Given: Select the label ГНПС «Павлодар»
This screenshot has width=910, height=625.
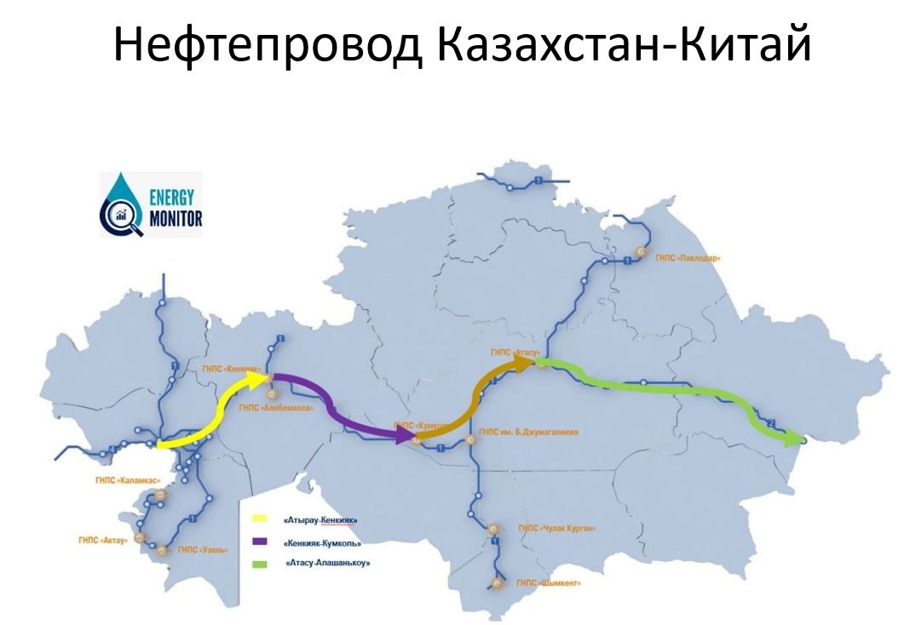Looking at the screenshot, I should [x=688, y=256].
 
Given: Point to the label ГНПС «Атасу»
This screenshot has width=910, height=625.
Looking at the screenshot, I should [x=514, y=350].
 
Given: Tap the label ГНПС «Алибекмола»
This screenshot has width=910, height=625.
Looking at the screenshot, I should [x=276, y=409].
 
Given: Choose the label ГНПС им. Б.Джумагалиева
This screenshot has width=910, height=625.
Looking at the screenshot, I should [x=528, y=433].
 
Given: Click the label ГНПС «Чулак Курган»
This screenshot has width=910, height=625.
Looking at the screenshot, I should [x=556, y=528].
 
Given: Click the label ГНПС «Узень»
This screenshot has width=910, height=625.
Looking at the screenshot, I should [x=203, y=550].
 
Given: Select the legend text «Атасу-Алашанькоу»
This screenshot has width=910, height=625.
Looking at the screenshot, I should [x=328, y=563].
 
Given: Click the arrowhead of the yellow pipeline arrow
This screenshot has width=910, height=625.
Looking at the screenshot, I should [x=255, y=378].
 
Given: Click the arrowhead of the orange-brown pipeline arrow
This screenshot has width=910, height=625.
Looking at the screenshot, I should [x=524, y=364].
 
